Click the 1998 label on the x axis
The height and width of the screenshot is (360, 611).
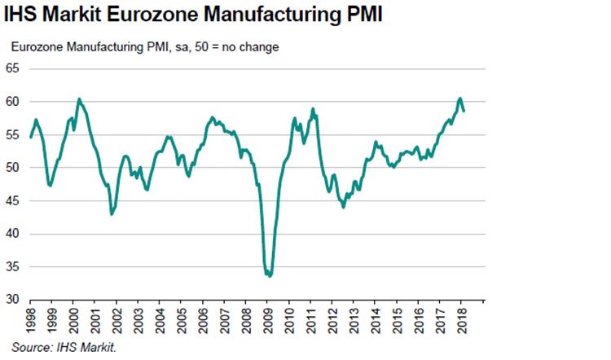(x=31, y=319)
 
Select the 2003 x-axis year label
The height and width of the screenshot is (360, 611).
(x=139, y=319)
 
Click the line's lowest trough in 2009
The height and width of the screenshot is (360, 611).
(x=270, y=276)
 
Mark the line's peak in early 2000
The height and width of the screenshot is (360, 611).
(x=79, y=99)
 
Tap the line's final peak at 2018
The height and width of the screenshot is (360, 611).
(x=460, y=99)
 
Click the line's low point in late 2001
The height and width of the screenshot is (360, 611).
(x=112, y=213)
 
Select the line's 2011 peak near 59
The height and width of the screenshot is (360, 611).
(x=313, y=108)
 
